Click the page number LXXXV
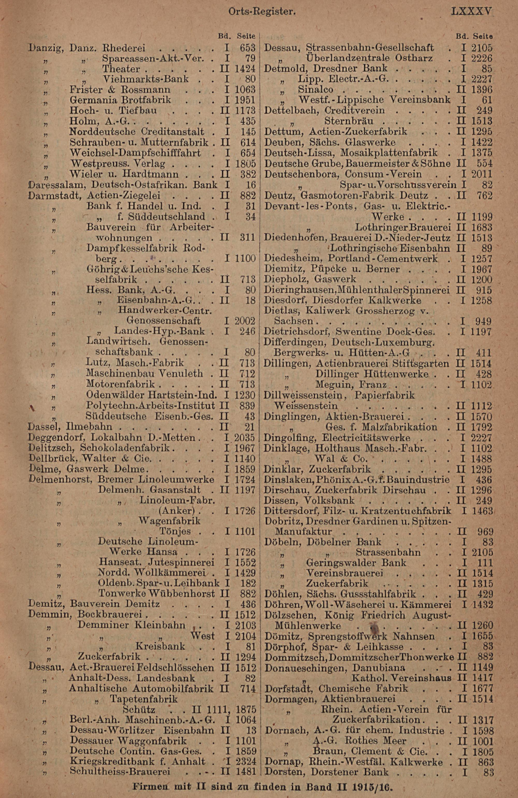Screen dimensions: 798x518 coord(471,12)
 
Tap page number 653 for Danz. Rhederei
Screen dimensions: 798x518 coord(248,48)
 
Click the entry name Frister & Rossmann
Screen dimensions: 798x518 coord(120,90)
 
